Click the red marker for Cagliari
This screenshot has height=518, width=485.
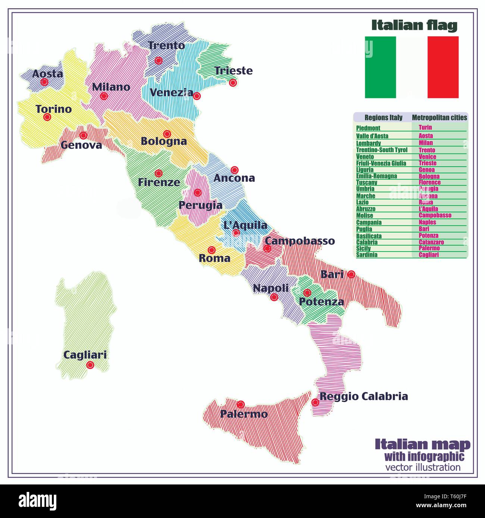click(x=90, y=365)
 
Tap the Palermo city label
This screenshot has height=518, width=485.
click(x=244, y=414)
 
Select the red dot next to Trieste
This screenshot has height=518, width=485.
click(x=233, y=83)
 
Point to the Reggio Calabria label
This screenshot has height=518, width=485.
click(x=364, y=397)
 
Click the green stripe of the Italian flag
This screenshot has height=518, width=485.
click(x=380, y=67)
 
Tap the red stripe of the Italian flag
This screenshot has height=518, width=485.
click(x=443, y=67)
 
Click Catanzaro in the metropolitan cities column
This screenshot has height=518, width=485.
click(x=431, y=242)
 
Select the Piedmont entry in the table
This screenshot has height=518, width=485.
click(x=368, y=128)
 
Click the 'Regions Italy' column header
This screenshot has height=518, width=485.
click(x=383, y=118)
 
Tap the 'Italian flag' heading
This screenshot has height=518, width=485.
click(x=414, y=25)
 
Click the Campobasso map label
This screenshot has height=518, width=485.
click(x=300, y=241)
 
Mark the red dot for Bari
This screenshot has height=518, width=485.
click(x=351, y=274)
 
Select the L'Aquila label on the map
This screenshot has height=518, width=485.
click(x=245, y=225)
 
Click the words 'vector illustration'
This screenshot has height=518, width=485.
click(x=423, y=467)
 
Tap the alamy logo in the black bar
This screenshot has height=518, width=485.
click(x=38, y=500)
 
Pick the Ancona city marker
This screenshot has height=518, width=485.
click(x=234, y=170)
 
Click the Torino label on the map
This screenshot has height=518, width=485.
click(x=53, y=109)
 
